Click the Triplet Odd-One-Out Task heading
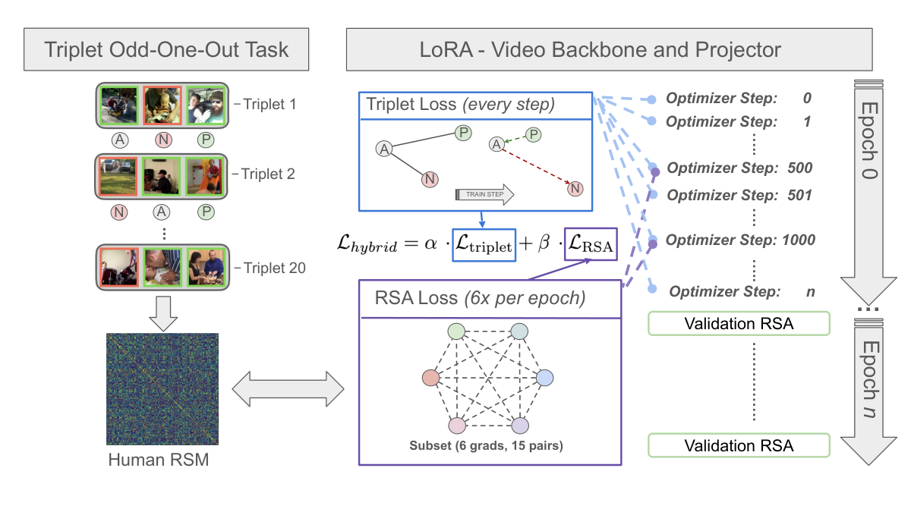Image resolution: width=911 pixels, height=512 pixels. coord(166,49)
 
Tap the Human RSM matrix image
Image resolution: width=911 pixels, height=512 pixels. coord(162,389)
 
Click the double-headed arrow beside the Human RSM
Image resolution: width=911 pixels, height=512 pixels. coord(288,389)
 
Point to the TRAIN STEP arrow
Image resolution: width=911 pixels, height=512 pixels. coord(484,194)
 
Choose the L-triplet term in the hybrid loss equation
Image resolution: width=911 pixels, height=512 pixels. coord(484,245)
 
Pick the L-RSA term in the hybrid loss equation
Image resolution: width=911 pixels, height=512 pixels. coord(591,244)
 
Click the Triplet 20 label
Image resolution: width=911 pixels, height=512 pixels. coord(275,268)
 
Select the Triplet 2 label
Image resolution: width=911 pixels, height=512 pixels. coord(268,174)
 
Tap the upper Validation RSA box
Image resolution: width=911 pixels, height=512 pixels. coord(739,323)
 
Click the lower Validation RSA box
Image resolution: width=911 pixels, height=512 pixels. coord(739,445)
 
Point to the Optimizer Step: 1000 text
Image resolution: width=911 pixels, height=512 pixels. coord(740,240)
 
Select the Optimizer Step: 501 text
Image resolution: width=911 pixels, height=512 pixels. coord(739,195)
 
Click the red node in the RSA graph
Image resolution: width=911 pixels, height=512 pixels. coord(430,378)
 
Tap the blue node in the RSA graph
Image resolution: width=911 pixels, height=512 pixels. coord(544,378)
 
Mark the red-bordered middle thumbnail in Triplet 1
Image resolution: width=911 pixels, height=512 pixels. coord(162,105)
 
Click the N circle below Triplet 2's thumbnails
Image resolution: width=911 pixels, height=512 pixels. coord(118,212)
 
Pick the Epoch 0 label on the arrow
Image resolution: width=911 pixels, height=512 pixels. coord(869,140)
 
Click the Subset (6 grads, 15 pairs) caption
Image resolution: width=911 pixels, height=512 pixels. coord(486,445)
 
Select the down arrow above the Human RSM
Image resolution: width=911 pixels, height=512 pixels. coord(163,313)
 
